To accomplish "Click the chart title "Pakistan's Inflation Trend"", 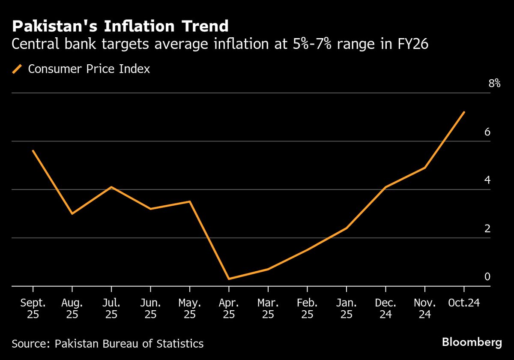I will click(120, 27).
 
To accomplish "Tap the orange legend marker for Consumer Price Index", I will click(18, 69).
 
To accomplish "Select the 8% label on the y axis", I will click(494, 84).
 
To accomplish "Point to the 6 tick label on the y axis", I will click(487, 132).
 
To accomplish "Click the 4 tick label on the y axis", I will click(487, 180).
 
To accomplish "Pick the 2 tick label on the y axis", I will click(487, 228).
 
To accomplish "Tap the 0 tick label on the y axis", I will click(487, 276).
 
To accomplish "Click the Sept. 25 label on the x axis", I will click(33, 309).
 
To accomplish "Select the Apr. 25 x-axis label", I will click(229, 309).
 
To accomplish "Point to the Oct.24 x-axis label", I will click(463, 303).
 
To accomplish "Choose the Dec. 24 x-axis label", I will click(385, 309).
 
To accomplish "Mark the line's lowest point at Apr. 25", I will click(229, 279).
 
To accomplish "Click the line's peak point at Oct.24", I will click(464, 112).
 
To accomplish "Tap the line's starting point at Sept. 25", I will click(33, 151).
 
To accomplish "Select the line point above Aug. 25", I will click(72, 213).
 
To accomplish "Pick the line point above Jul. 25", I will click(111, 187).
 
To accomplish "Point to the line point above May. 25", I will click(190, 201).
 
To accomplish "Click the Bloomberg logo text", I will click(472, 342).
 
